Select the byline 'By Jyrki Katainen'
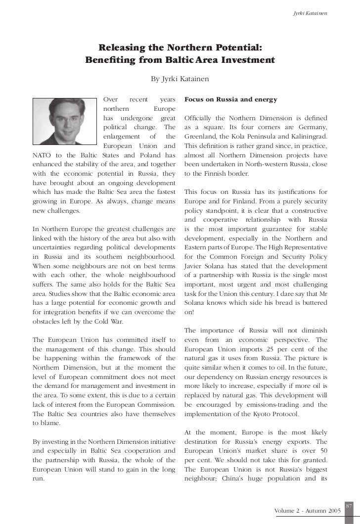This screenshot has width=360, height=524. (x=180, y=79)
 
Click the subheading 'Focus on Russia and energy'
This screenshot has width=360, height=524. (x=230, y=99)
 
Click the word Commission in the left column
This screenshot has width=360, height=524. (x=154, y=405)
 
